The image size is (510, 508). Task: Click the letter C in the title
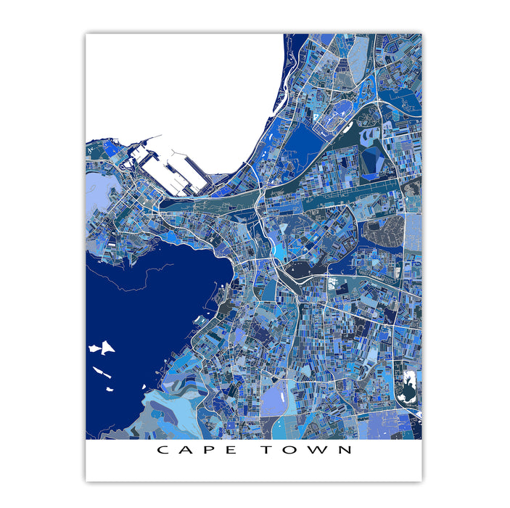[163, 450]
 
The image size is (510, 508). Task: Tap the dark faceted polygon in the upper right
[374, 160]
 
